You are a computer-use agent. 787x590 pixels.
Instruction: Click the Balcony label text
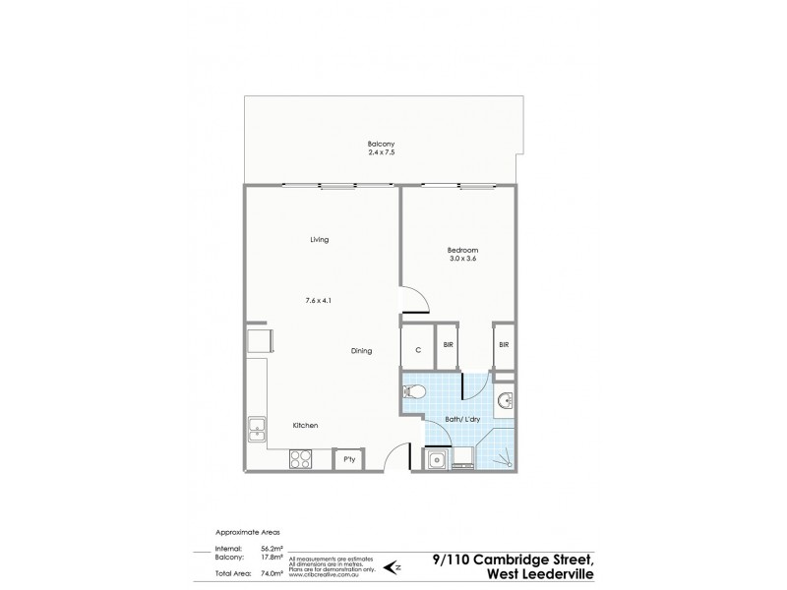click(380, 142)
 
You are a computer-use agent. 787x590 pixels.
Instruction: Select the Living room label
click(318, 239)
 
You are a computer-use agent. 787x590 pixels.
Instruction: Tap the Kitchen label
click(305, 425)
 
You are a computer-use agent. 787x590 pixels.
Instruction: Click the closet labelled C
click(417, 348)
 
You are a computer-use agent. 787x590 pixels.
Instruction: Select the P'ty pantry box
click(348, 458)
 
